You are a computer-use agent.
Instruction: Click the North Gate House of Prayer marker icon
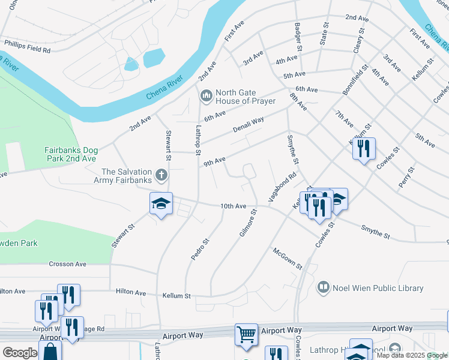pos(206,95)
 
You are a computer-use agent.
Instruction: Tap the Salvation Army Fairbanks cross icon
pos(160,175)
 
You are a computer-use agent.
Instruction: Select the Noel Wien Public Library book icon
pos(324,288)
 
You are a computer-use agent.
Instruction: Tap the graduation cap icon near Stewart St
pos(161,203)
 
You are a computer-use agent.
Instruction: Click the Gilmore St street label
pos(248,223)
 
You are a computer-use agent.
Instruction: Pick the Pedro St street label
pos(200,248)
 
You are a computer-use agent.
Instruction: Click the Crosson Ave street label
pos(68,264)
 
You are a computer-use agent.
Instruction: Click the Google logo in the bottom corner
pos(20,352)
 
